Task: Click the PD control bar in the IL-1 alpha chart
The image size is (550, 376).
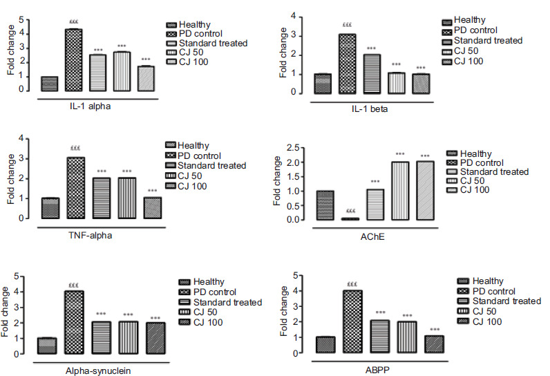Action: (x=74, y=60)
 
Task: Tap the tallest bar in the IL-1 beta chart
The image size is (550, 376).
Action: (x=348, y=64)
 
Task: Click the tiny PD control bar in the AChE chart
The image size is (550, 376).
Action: (x=351, y=218)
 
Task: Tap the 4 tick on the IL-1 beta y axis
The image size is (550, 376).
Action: (x=295, y=15)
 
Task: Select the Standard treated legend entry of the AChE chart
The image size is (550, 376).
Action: (x=494, y=171)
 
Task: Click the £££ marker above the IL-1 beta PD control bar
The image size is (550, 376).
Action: (x=348, y=26)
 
